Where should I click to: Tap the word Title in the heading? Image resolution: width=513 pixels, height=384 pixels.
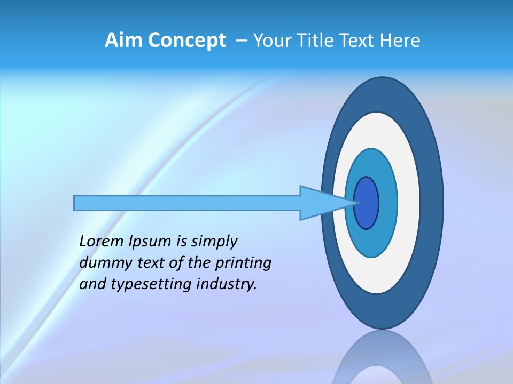[x=315, y=41]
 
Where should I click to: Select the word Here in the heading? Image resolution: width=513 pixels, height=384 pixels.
[x=400, y=41]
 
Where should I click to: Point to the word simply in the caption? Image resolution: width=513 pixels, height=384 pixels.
[x=214, y=242]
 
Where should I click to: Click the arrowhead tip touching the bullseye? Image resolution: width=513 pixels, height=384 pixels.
[x=355, y=203]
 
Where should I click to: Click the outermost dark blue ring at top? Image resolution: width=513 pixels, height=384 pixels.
[x=382, y=93]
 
